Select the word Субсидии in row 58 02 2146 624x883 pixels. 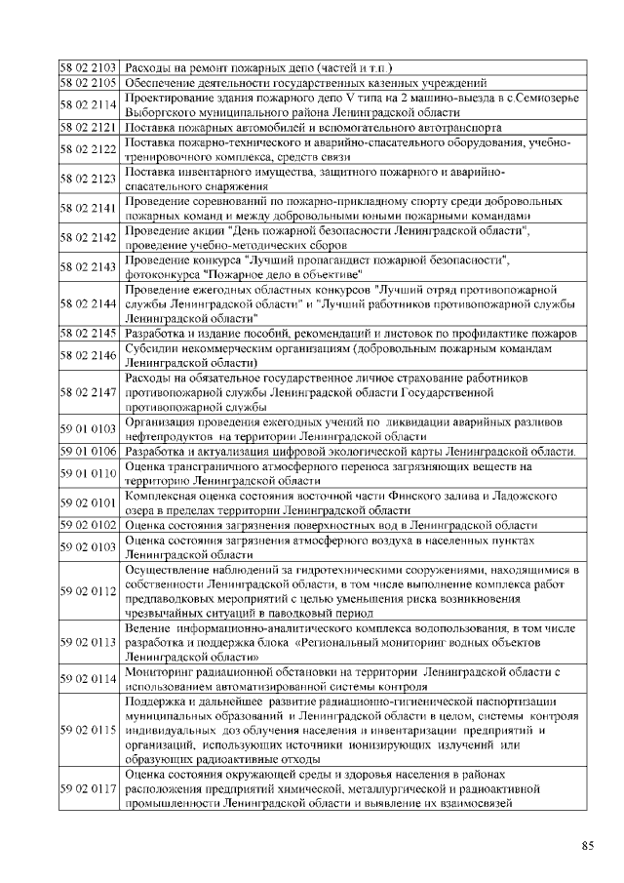pyautogui.click(x=152, y=348)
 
